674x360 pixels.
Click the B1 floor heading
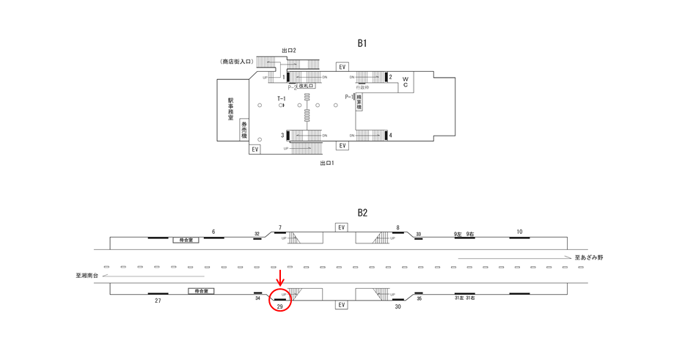[x=362, y=43]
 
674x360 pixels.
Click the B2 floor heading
[x=362, y=213]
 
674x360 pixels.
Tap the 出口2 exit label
[x=288, y=50]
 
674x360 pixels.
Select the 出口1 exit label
[x=327, y=163]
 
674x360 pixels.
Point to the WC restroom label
[x=405, y=81]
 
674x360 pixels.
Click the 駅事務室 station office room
[x=231, y=109]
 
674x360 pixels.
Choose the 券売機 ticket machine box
[x=244, y=130]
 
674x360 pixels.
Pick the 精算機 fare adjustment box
[x=359, y=102]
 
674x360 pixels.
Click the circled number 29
[x=279, y=305]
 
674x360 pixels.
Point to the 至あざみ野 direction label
[x=588, y=258]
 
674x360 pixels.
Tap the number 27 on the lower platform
[x=158, y=301]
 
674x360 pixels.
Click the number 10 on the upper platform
[x=519, y=232]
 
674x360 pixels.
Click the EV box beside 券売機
[x=255, y=149]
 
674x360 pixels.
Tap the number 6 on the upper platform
[x=213, y=232]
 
